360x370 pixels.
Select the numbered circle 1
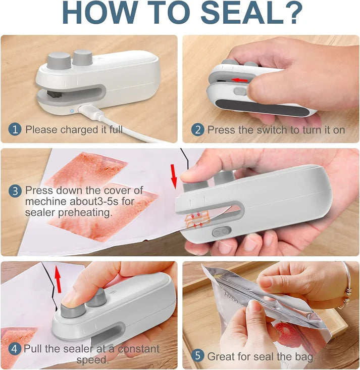point(15,129)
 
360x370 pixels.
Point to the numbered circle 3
point(15,191)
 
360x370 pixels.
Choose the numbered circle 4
point(15,349)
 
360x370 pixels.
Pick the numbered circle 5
point(197,356)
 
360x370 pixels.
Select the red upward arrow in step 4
point(58,277)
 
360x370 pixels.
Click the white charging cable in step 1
point(126,129)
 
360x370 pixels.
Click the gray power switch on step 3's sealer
point(221,232)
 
